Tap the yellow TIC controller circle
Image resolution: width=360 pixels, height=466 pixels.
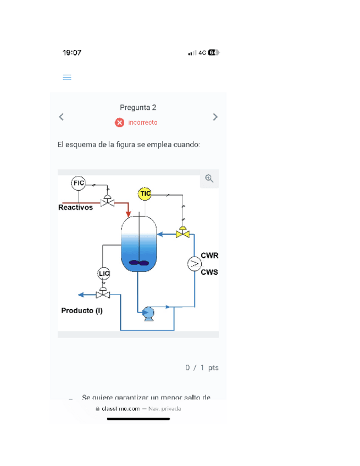(x=145, y=193)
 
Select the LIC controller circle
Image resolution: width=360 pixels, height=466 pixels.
(x=103, y=273)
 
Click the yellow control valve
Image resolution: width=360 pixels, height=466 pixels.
(x=182, y=233)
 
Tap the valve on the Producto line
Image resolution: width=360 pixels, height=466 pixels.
(x=103, y=294)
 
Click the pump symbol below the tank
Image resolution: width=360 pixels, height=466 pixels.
(x=148, y=313)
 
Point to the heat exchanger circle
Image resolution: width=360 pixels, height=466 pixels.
(x=194, y=264)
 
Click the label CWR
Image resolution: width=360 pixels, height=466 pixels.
(x=209, y=256)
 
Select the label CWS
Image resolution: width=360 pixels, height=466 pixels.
(x=209, y=272)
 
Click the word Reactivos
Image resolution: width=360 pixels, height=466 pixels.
(x=75, y=208)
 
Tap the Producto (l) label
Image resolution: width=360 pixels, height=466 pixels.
(x=82, y=310)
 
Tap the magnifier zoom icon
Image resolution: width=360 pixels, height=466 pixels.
(x=209, y=179)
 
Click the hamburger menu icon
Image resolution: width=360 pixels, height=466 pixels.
(x=67, y=77)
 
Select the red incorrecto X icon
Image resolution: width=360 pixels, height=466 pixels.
(x=120, y=123)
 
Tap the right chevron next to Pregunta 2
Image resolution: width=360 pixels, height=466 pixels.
(x=215, y=116)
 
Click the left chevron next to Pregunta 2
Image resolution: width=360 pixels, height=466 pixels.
(x=62, y=116)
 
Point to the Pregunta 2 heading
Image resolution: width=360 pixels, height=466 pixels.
(x=138, y=108)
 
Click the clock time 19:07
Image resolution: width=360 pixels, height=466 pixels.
(x=72, y=53)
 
